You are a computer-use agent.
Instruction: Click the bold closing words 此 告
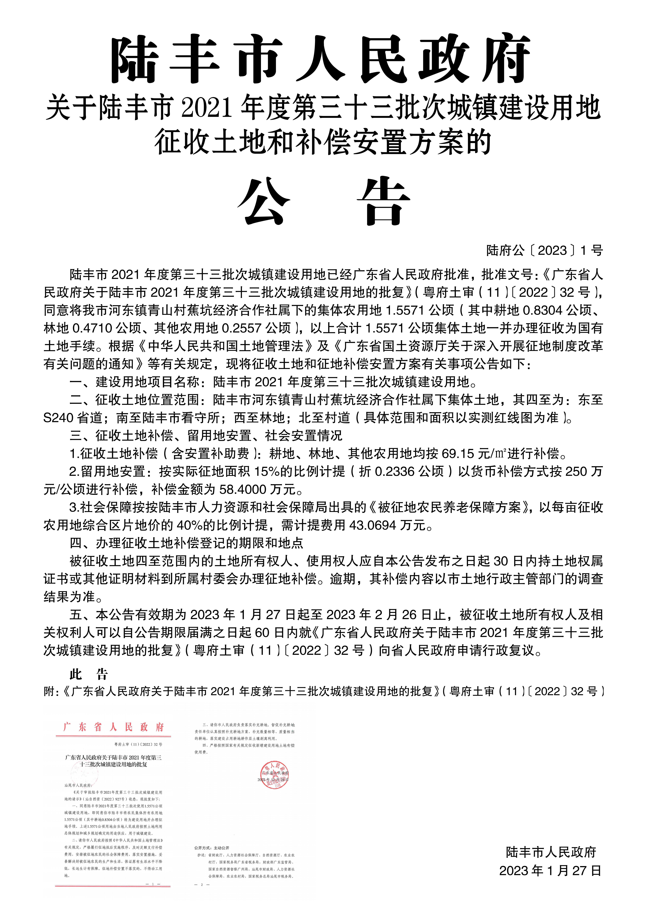coord(89,675)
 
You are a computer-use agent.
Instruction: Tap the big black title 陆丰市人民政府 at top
coord(321,60)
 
